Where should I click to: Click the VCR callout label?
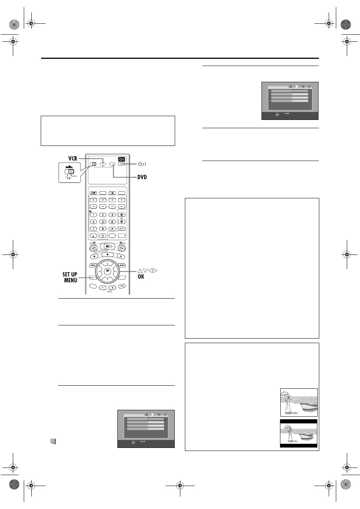(73, 158)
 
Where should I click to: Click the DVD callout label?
(142, 177)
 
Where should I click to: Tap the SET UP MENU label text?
(70, 277)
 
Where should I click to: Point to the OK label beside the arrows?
(141, 276)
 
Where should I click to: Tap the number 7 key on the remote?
(94, 228)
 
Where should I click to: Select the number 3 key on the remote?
(112, 215)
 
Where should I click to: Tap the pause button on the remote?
(121, 256)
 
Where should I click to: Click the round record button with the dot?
(94, 256)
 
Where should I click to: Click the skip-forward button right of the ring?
(122, 265)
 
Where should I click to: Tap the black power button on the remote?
(122, 159)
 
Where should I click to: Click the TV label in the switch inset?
(68, 178)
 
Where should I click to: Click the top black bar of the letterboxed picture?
(298, 421)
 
